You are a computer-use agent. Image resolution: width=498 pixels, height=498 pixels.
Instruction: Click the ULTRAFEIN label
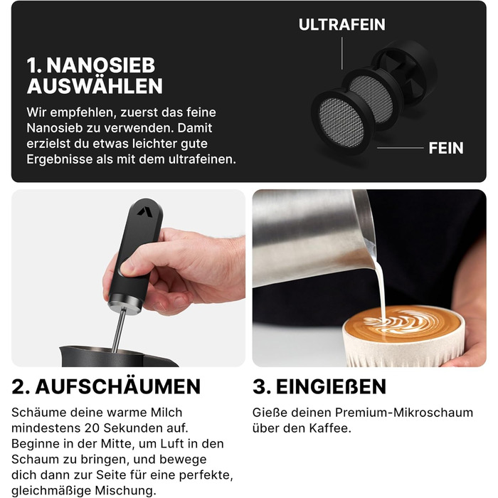tap(341, 25)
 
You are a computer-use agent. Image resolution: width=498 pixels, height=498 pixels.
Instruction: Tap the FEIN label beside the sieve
tap(446, 148)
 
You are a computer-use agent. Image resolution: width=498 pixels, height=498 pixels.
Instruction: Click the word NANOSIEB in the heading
tap(101, 65)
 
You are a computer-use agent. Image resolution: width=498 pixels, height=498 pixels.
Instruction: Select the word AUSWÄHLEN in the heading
tap(95, 86)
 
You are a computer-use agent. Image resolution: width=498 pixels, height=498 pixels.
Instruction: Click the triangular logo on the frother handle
tap(145, 211)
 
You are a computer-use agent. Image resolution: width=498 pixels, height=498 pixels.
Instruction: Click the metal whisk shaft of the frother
tap(119, 330)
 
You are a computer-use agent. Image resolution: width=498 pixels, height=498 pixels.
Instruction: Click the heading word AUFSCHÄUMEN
tap(118, 386)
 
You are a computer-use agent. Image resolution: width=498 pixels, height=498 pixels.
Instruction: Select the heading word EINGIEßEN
tap(331, 386)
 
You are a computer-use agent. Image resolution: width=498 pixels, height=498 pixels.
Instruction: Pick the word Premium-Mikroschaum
tap(404, 413)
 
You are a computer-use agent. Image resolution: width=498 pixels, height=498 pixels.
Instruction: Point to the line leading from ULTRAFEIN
tap(341, 53)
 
